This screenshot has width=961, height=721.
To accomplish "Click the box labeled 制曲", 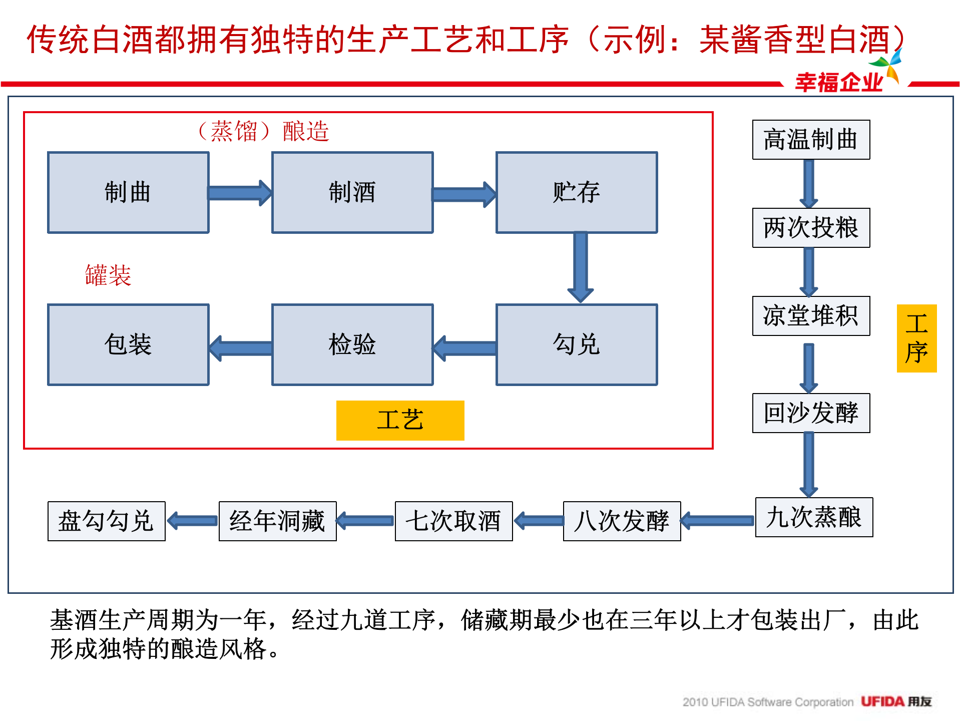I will (x=128, y=193).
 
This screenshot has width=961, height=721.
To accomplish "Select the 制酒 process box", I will (x=352, y=193).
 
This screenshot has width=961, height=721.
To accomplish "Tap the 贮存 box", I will (x=577, y=193).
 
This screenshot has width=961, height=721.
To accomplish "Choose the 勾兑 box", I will (x=577, y=344).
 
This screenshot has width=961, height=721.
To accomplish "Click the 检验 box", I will (x=352, y=344).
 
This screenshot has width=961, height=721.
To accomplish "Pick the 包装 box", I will (x=128, y=344).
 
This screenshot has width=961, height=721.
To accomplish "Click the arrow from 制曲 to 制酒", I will (x=240, y=193).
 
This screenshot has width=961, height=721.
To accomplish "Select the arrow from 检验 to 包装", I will (x=241, y=348).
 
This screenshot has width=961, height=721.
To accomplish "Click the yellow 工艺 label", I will (x=400, y=420).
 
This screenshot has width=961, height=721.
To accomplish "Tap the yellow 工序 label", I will (x=916, y=338).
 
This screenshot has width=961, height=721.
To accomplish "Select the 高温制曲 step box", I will (x=811, y=140).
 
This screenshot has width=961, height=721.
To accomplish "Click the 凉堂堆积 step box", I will (x=811, y=316).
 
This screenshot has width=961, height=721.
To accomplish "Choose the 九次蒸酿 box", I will (x=814, y=517).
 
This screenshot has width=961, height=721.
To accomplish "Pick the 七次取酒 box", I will (x=453, y=521).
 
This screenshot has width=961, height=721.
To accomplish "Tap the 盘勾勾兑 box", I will (x=106, y=521).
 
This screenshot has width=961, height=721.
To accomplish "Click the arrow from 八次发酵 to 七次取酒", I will (x=539, y=521).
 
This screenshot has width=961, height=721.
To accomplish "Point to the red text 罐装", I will (x=108, y=275).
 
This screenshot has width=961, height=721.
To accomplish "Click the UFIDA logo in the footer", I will (x=895, y=701).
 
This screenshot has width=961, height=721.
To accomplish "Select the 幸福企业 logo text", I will (x=839, y=82).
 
